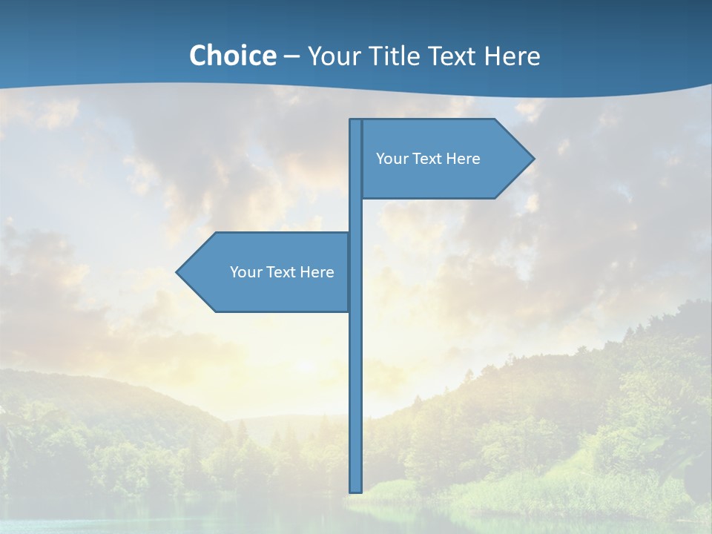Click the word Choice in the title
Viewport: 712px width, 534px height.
(232, 56)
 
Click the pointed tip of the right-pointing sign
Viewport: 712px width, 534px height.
(533, 158)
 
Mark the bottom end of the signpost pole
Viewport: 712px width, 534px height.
(356, 489)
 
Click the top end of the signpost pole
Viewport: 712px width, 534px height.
(356, 121)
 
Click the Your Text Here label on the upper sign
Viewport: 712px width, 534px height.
(428, 159)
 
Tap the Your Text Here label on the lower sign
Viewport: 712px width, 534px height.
(282, 272)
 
